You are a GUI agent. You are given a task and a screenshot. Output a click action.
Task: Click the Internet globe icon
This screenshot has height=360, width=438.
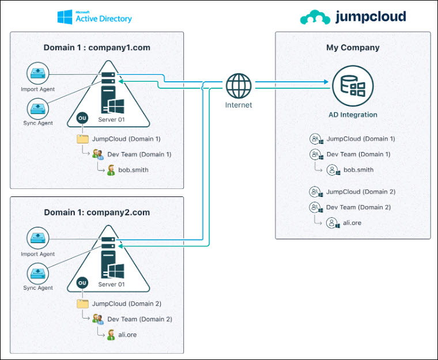tap(239, 86)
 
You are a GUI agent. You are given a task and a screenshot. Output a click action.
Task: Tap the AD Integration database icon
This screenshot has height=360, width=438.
tap(353, 86)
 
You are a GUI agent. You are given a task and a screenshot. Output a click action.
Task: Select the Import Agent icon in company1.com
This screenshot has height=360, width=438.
tap(37, 73)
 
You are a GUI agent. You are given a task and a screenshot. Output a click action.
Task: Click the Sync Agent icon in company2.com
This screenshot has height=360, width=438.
tap(37, 274)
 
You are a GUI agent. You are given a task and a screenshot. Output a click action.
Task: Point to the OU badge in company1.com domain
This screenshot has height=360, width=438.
tap(82, 118)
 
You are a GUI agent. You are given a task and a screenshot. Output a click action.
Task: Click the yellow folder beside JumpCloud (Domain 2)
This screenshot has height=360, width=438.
tap(82, 304)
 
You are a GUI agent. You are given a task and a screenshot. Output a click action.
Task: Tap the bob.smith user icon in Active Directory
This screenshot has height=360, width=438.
tap(111, 170)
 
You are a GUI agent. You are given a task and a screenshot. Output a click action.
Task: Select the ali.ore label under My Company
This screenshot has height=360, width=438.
tap(352, 223)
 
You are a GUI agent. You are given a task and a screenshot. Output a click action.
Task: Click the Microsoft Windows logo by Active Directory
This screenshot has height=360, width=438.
tap(65, 17)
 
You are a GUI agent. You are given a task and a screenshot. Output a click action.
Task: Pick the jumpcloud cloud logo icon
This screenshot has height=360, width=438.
tap(315, 17)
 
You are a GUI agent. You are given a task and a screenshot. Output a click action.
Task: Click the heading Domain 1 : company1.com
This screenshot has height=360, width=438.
tap(97, 47)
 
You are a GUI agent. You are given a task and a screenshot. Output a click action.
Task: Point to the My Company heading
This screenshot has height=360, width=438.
tap(353, 48)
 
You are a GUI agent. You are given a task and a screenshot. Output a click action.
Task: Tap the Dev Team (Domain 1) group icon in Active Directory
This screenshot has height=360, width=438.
tap(98, 154)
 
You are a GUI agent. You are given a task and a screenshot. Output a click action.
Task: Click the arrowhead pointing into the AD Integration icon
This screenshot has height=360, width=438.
tap(326, 82)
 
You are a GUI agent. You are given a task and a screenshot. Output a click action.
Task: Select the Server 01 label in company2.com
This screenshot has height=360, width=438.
tap(111, 285)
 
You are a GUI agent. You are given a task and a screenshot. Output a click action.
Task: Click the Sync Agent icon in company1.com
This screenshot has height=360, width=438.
tap(37, 109)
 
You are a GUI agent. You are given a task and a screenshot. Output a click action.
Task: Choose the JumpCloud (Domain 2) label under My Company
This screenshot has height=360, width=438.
tap(361, 192)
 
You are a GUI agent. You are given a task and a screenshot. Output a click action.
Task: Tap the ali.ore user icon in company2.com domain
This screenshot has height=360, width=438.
tap(111, 335)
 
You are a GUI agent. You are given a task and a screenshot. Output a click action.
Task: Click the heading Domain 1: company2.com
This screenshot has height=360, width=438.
tap(97, 213)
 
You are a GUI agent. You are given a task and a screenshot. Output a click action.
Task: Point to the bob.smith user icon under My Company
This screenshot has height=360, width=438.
tap(333, 170)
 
